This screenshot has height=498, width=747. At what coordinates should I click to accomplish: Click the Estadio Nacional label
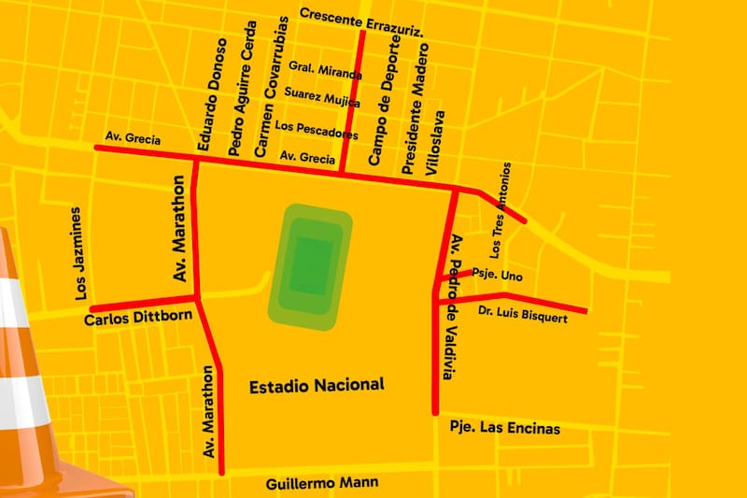coord(317,385)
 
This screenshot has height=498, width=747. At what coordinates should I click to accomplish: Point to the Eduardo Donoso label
coord(211,94)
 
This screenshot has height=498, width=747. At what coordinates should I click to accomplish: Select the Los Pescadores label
coord(317,130)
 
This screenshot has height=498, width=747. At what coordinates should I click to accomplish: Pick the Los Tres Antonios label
coord(500,210)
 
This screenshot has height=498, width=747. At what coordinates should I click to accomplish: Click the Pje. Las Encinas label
coord(504,428)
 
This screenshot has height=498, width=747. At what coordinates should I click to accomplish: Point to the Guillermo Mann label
coord(322,483)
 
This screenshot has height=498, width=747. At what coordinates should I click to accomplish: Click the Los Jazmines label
coord(78,253)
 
